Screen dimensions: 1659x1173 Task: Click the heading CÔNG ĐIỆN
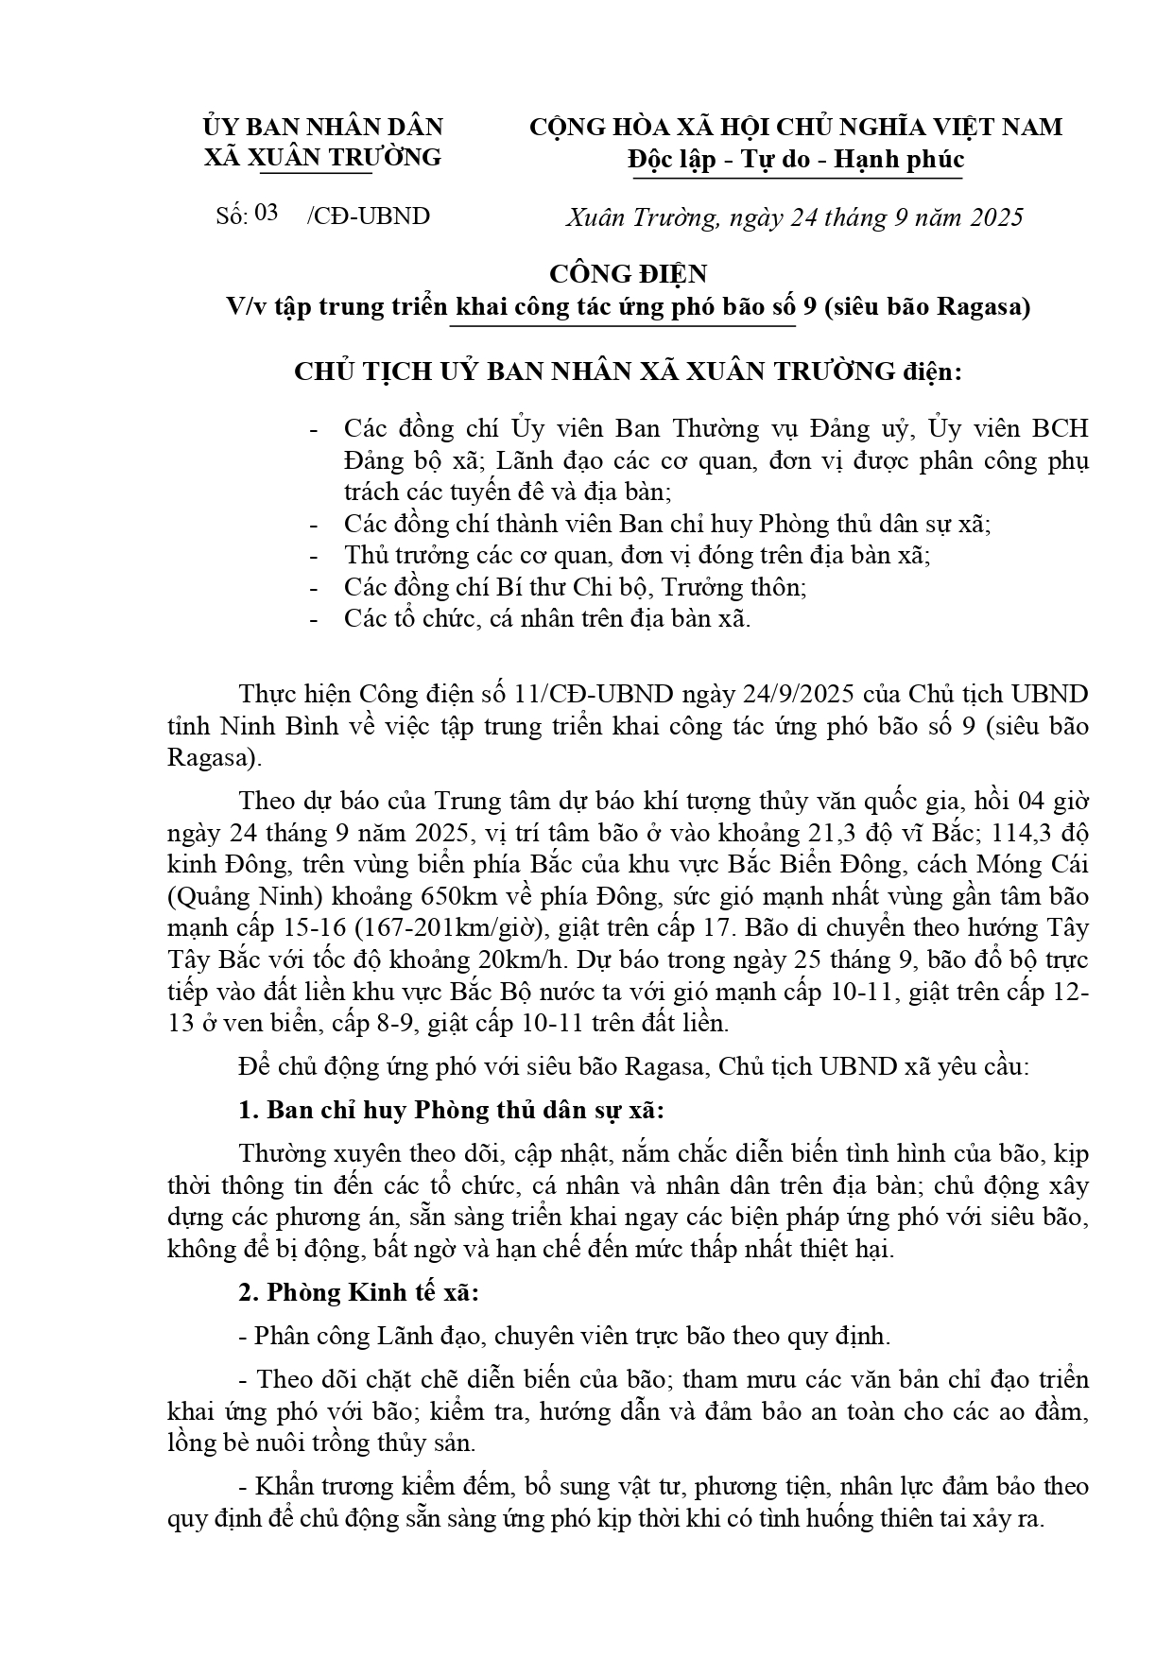629,274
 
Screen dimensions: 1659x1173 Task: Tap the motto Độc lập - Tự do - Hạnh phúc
796,159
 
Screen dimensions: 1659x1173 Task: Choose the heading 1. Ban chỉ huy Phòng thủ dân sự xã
452,1110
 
